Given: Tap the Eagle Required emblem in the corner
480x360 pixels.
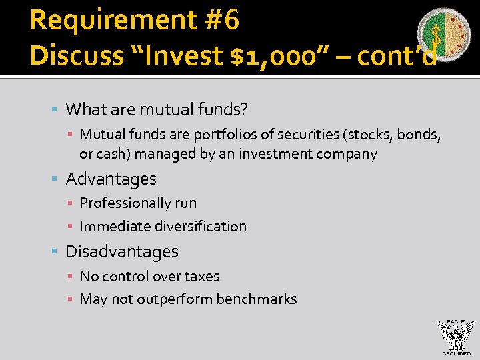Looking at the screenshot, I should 456,337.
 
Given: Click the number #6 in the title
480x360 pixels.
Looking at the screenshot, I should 222,21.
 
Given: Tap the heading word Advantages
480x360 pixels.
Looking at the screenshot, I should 111,179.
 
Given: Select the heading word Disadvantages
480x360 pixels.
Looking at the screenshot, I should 122,251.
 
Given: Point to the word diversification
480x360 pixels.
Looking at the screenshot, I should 201,226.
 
